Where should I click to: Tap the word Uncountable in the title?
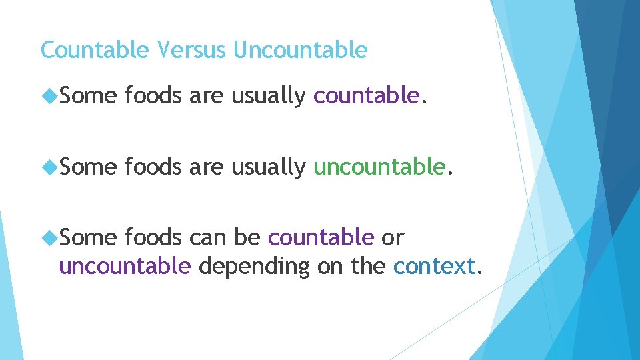(x=300, y=50)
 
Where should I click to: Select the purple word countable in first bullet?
(x=365, y=97)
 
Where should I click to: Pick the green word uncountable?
(x=379, y=166)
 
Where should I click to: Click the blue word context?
(x=434, y=266)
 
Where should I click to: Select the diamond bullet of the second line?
(x=49, y=167)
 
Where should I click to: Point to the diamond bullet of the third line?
(x=49, y=237)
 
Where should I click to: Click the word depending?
(x=254, y=267)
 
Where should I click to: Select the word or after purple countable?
(x=392, y=237)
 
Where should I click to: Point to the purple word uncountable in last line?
(x=125, y=266)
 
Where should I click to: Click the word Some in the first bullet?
(x=88, y=97)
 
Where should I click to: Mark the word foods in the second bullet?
(x=153, y=166)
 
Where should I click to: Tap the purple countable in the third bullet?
(x=321, y=237)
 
